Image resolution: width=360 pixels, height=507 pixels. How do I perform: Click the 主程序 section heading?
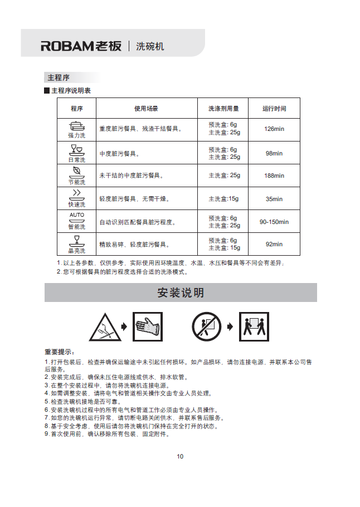pyautogui.click(x=59, y=77)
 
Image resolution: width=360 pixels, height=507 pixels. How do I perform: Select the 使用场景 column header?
pyautogui.click(x=146, y=109)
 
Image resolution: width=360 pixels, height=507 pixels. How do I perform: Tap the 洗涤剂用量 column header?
pyautogui.click(x=223, y=109)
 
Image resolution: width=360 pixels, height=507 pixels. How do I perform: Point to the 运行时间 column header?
pyautogui.click(x=274, y=109)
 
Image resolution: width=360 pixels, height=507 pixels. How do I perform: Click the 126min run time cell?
pyautogui.click(x=274, y=129)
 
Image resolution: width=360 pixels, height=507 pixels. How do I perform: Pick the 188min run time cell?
pyautogui.click(x=274, y=175)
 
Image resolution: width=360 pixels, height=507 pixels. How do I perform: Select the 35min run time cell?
pyautogui.click(x=274, y=199)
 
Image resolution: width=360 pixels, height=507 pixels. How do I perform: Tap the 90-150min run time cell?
pyautogui.click(x=274, y=222)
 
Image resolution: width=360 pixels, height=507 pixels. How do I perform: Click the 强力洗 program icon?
pyautogui.click(x=77, y=126)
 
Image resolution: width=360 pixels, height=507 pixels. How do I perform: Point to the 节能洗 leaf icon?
pyautogui.click(x=77, y=172)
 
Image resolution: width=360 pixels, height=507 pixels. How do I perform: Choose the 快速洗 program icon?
pyautogui.click(x=77, y=195)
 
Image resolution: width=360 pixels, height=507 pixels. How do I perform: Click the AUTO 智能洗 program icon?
pyautogui.click(x=77, y=217)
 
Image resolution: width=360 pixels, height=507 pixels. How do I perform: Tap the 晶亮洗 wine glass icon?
pyautogui.click(x=77, y=241)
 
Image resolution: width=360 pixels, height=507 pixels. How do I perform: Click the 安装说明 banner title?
pyautogui.click(x=181, y=293)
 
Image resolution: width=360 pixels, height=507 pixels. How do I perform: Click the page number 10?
pyautogui.click(x=180, y=457)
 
